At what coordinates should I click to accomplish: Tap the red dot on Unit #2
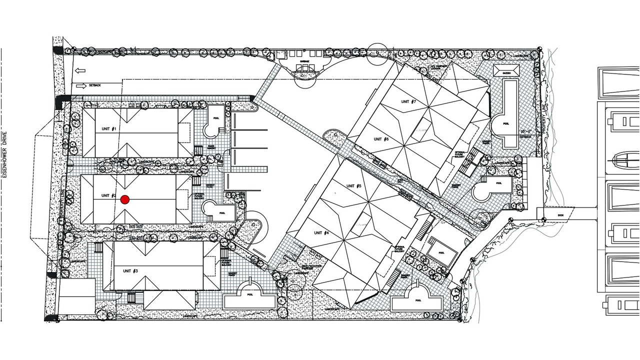pyautogui.click(x=125, y=200)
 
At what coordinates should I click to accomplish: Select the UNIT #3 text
pyautogui.click(x=130, y=270)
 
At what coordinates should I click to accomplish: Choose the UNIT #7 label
pyautogui.click(x=408, y=101)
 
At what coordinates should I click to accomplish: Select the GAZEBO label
pyautogui.click(x=507, y=73)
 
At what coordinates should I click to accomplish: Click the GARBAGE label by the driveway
pyautogui.click(x=304, y=61)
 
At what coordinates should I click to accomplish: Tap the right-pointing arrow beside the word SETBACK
pyautogui.click(x=81, y=85)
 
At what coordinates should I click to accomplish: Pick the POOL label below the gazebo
pyautogui.click(x=506, y=122)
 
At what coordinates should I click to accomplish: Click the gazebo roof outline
pyautogui.click(x=507, y=70)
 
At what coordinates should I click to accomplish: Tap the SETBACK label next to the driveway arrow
pyautogui.click(x=95, y=85)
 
